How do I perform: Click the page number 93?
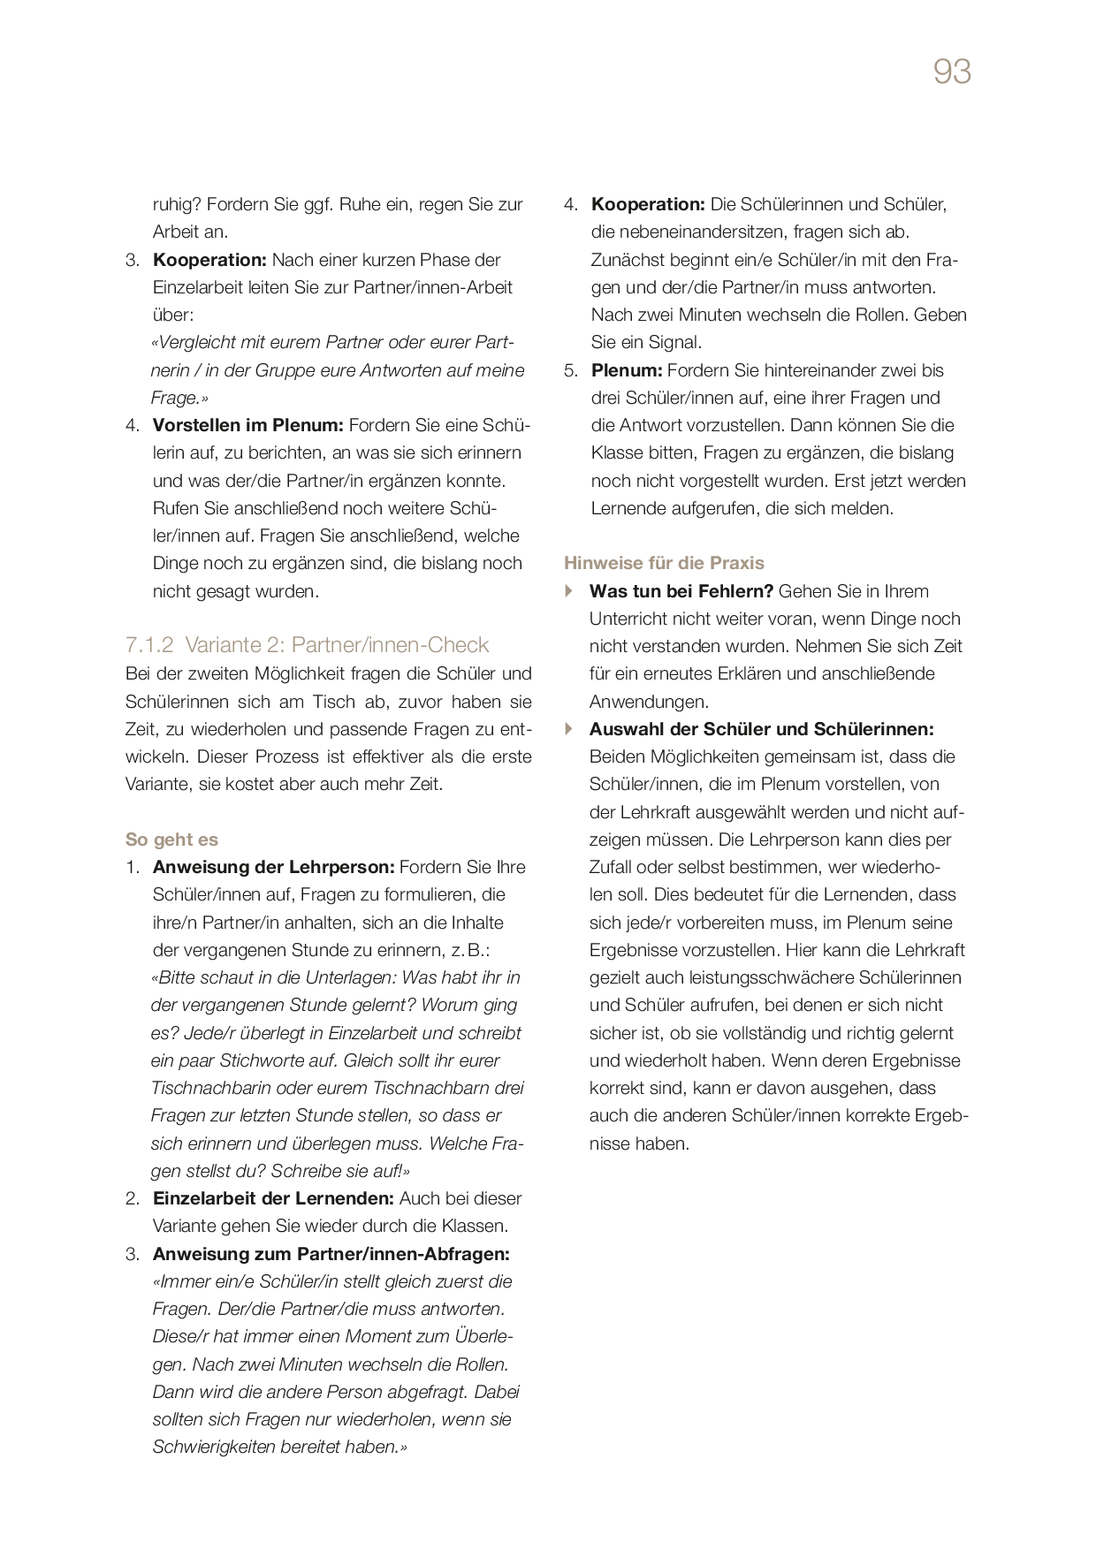click(952, 72)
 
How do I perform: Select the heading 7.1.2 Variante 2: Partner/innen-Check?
click(307, 645)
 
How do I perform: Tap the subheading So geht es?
click(171, 840)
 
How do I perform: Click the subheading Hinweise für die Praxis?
click(664, 563)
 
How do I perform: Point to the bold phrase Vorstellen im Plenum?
click(247, 425)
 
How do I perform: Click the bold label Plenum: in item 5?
click(626, 370)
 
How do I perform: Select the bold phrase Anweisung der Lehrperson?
click(273, 867)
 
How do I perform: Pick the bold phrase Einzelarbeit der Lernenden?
click(272, 1198)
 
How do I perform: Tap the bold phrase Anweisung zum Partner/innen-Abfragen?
click(331, 1254)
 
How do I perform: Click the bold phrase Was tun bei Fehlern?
click(681, 591)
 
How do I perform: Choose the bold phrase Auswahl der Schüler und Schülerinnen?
click(761, 729)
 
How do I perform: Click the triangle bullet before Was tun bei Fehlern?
click(569, 591)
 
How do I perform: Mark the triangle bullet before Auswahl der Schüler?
click(569, 729)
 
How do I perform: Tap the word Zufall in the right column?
click(615, 867)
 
